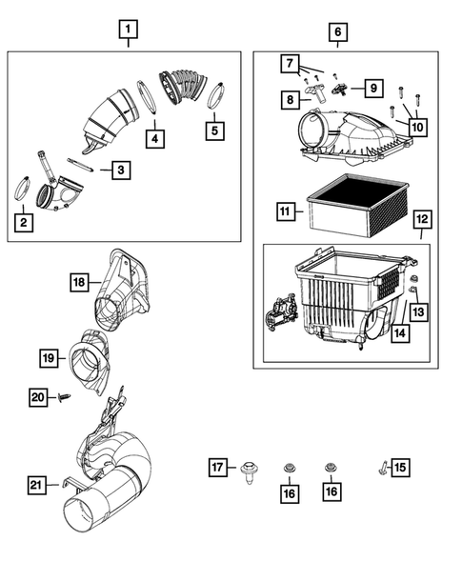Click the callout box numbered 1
128,30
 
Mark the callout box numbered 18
82,281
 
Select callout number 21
36,487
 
